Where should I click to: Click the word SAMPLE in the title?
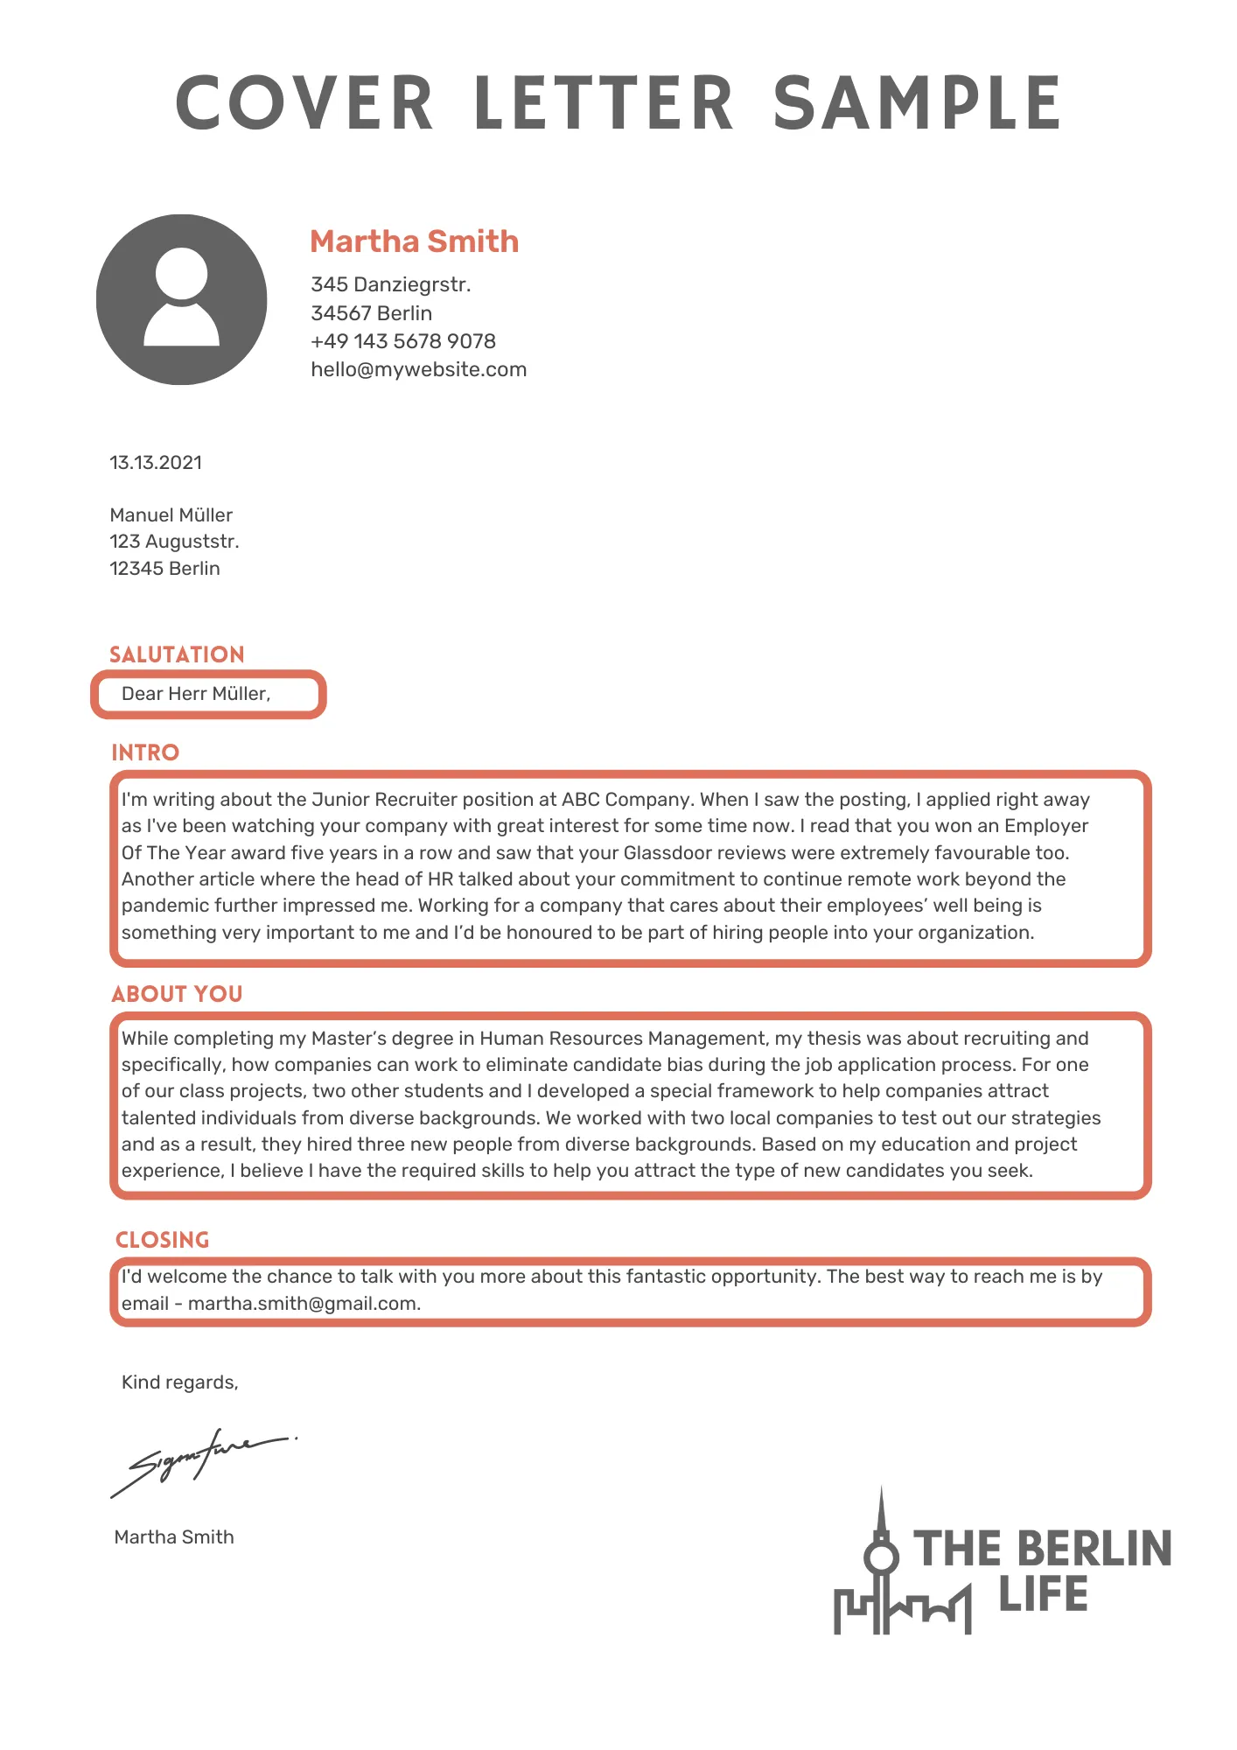[917, 103]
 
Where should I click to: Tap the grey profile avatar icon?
[181, 299]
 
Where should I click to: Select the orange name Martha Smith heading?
[414, 241]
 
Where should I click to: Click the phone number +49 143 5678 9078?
[402, 341]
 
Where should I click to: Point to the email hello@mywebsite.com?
[418, 369]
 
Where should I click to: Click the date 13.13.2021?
[156, 463]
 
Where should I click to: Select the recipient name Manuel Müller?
[171, 515]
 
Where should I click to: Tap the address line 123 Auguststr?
[174, 542]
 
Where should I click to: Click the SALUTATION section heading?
[177, 654]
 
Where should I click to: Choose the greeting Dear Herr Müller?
[196, 694]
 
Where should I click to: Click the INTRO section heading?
[145, 752]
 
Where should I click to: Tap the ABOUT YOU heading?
[177, 994]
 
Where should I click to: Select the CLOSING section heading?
[163, 1240]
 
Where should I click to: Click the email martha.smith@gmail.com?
[304, 1304]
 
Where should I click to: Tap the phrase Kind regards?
[179, 1382]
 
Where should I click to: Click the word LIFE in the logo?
[1043, 1594]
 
